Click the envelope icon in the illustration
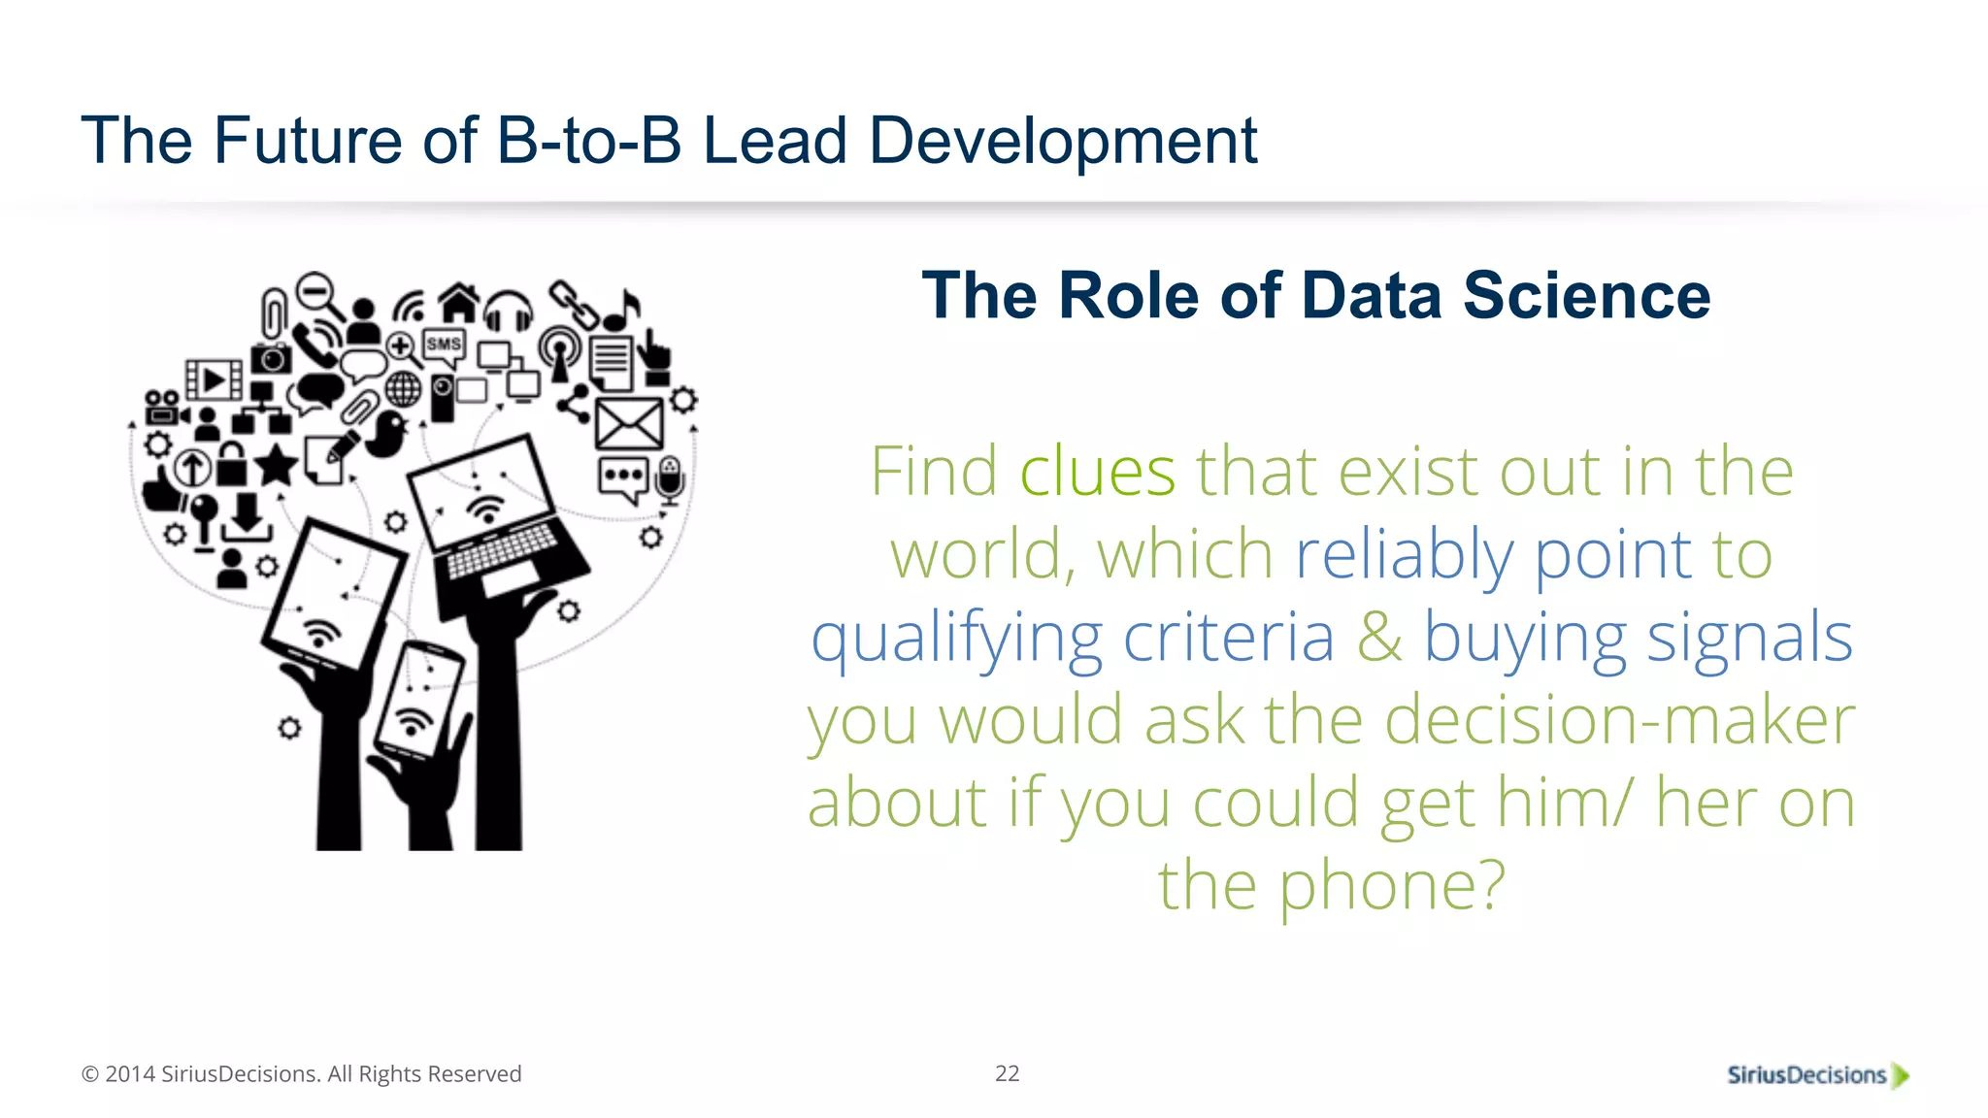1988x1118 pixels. tap(629, 424)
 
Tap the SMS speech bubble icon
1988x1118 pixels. tap(444, 346)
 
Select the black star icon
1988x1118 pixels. tap(277, 465)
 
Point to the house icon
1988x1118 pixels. tap(459, 302)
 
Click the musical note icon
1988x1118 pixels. tap(621, 311)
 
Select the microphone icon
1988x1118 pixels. tap(670, 479)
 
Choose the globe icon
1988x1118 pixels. tap(403, 390)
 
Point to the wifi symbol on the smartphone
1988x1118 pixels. tap(414, 722)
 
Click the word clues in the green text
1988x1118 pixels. tap(1097, 472)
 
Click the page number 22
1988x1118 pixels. tap(1007, 1073)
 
